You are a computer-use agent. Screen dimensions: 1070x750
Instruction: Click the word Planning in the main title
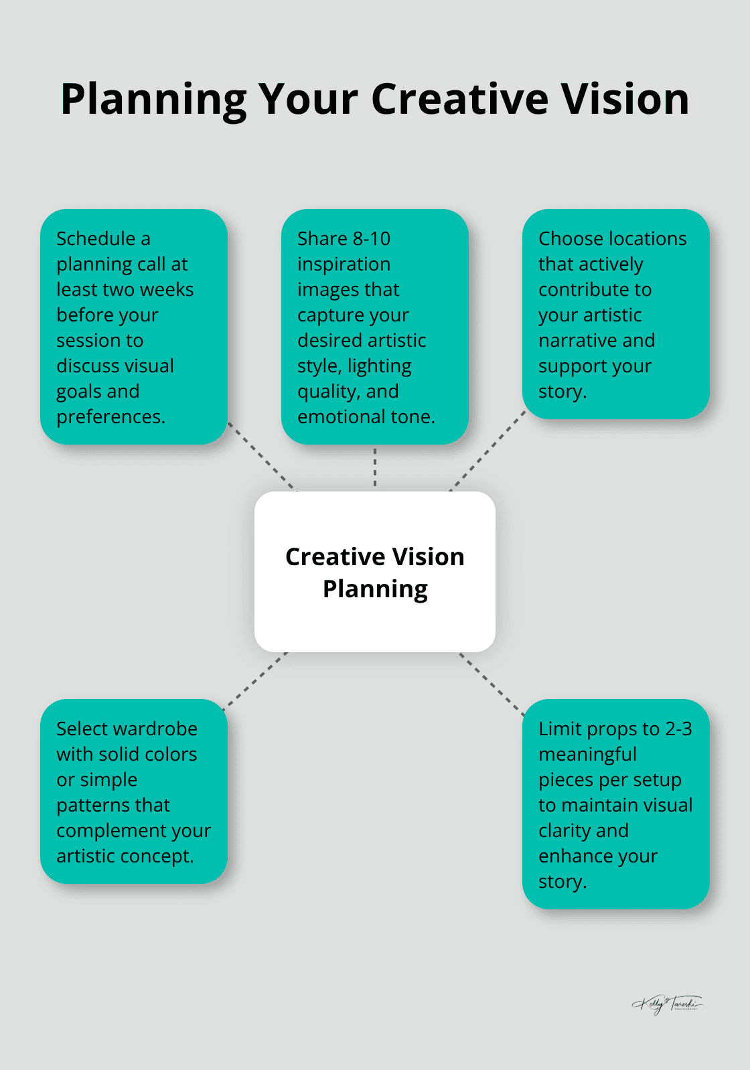tap(153, 100)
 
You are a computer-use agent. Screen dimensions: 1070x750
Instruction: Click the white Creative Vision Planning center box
tap(375, 571)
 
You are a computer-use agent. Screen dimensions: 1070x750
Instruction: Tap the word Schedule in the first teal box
tap(96, 239)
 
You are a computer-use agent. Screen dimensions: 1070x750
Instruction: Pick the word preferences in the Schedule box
tap(110, 417)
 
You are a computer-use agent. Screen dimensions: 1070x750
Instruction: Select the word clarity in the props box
tap(565, 831)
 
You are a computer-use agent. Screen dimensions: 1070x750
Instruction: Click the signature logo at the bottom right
tap(667, 1004)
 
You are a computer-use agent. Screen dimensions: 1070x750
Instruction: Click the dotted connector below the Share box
tap(375, 467)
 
